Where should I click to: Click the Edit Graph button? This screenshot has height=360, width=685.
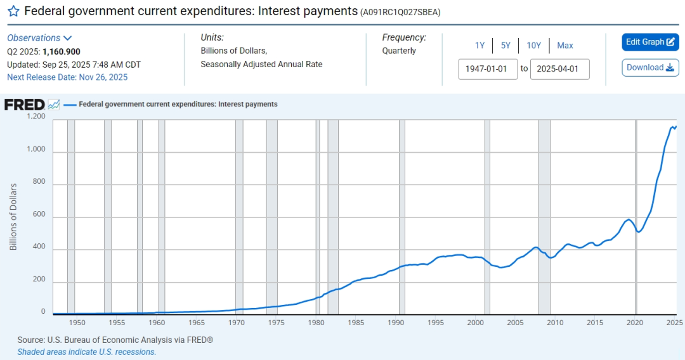pyautogui.click(x=650, y=42)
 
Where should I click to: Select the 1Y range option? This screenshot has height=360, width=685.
pyautogui.click(x=480, y=46)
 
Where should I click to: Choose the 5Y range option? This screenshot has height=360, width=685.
pyautogui.click(x=506, y=46)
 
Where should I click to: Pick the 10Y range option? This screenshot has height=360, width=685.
pyautogui.click(x=533, y=46)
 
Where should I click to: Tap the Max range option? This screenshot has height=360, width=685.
pyautogui.click(x=565, y=46)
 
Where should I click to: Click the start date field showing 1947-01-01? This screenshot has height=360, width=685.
pyautogui.click(x=488, y=69)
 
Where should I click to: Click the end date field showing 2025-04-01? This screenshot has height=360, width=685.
pyautogui.click(x=559, y=69)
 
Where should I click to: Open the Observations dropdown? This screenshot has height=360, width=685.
pyautogui.click(x=39, y=38)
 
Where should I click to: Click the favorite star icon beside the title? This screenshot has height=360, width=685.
pyautogui.click(x=13, y=11)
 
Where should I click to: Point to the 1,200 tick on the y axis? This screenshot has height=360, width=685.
pyautogui.click(x=36, y=117)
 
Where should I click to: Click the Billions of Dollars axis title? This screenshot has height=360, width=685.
pyautogui.click(x=13, y=217)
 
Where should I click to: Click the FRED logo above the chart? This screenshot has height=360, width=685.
pyautogui.click(x=25, y=105)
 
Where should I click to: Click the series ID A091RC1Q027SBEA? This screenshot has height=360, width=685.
pyautogui.click(x=400, y=12)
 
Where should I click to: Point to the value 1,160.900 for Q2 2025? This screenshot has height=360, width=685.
pyautogui.click(x=62, y=52)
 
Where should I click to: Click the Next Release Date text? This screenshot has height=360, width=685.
pyautogui.click(x=67, y=77)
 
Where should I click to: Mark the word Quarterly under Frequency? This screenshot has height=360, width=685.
pyautogui.click(x=399, y=51)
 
